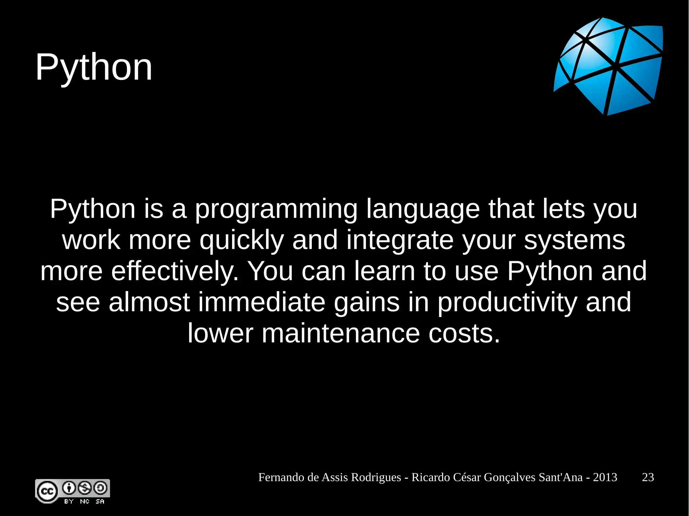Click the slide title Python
tap(94, 68)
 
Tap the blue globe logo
tap(608, 66)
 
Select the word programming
tap(276, 210)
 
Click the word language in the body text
tap(423, 210)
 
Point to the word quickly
tap(242, 241)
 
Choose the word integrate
tap(400, 241)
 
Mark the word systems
tap(574, 241)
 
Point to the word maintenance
tap(340, 333)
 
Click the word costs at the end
tap(464, 333)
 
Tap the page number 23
tap(648, 477)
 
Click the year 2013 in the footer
tap(605, 477)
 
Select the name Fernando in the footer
tap(281, 477)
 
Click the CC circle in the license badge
tap(47, 491)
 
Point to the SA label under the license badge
tap(100, 501)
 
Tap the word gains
tap(367, 302)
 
